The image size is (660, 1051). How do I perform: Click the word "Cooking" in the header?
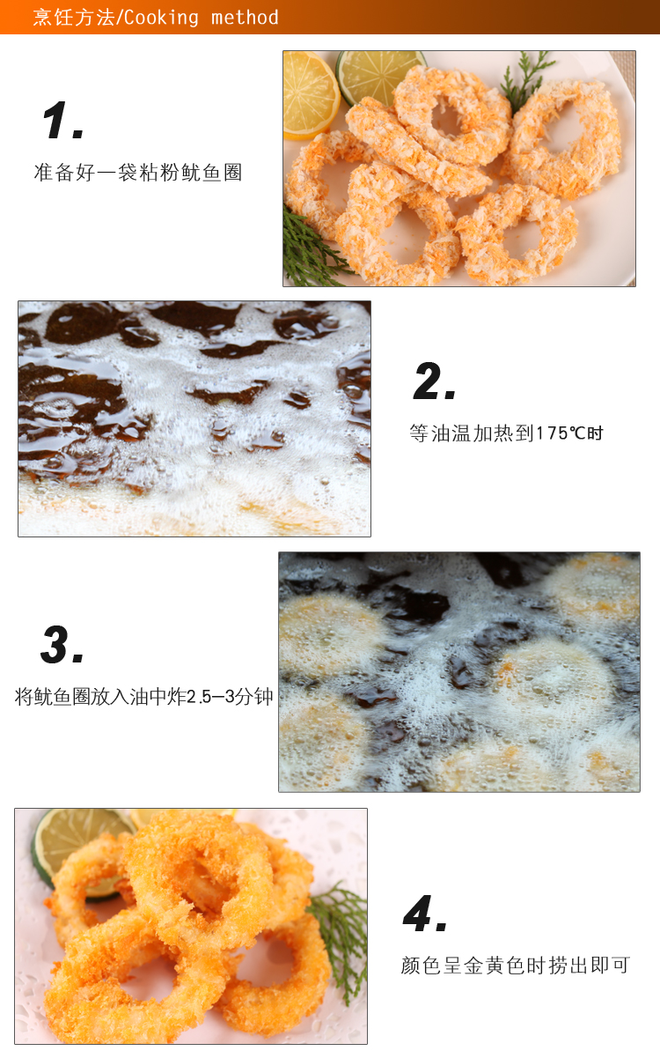point(161,18)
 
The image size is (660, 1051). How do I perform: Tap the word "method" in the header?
point(245,17)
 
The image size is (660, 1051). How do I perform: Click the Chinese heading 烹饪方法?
point(74,17)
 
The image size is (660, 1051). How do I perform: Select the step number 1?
point(63,122)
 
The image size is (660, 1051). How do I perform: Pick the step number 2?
point(435,381)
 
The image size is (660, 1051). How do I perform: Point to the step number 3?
point(62,645)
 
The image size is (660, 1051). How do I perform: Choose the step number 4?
point(425,913)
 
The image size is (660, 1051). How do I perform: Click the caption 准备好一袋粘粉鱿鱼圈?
point(138,173)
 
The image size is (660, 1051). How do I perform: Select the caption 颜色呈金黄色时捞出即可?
point(516,966)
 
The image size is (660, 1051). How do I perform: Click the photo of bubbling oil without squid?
point(194,419)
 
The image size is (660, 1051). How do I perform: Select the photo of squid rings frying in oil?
point(459,671)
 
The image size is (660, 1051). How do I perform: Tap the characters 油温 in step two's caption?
point(451,433)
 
